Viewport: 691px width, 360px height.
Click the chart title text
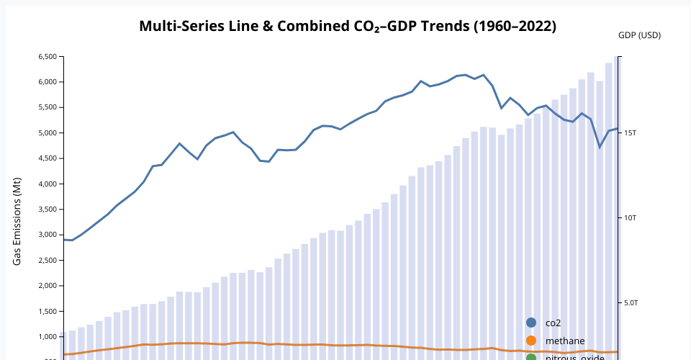coord(348,27)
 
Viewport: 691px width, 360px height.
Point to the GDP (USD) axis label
coord(639,35)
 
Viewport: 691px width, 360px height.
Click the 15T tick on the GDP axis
coord(631,133)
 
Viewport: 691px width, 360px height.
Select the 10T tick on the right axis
coord(631,218)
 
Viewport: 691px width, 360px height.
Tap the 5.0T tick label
coord(631,303)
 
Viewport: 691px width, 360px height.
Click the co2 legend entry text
coord(553,323)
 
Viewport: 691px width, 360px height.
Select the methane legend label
coord(564,341)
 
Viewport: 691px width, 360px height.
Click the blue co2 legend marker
coord(531,323)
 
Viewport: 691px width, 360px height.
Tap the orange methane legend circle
coord(531,341)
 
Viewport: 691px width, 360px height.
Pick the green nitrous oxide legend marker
coord(531,357)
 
